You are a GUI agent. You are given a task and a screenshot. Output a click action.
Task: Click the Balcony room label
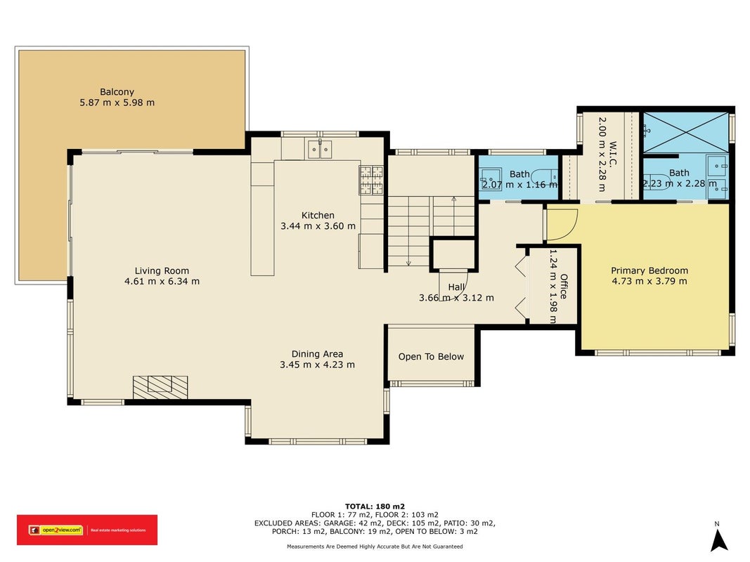click(117, 92)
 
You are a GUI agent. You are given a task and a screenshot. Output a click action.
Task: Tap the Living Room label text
click(162, 271)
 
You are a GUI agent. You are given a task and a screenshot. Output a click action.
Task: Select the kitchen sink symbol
click(320, 150)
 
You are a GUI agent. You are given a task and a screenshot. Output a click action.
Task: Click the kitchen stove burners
click(372, 180)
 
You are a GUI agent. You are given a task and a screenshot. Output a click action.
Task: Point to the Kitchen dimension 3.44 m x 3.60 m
click(318, 226)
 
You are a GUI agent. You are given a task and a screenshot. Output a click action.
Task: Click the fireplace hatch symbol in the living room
click(160, 388)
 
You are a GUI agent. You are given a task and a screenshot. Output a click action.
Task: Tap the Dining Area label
click(317, 354)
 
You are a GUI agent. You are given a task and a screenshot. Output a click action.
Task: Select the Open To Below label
click(431, 356)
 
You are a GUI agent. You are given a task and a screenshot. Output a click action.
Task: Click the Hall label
click(456, 287)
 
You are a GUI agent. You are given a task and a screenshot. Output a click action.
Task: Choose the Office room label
click(564, 286)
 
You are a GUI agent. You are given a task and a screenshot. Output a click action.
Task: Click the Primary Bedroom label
click(649, 270)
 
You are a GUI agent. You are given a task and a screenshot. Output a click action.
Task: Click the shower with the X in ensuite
click(685, 132)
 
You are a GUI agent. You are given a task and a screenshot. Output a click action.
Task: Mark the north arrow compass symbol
click(718, 539)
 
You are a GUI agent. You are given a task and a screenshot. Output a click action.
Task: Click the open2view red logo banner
click(87, 530)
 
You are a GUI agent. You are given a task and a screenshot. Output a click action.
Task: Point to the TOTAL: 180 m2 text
click(375, 506)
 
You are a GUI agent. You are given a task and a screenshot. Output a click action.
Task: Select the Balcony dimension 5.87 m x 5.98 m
click(117, 103)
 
